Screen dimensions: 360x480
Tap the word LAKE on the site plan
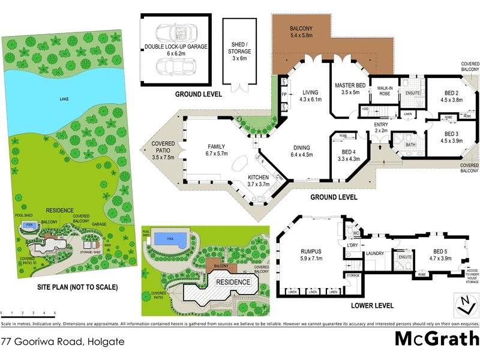[64, 100]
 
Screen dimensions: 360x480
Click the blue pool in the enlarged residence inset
[170, 239]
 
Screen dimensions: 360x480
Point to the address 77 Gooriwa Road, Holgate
[62, 341]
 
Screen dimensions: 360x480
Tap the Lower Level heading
[372, 305]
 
